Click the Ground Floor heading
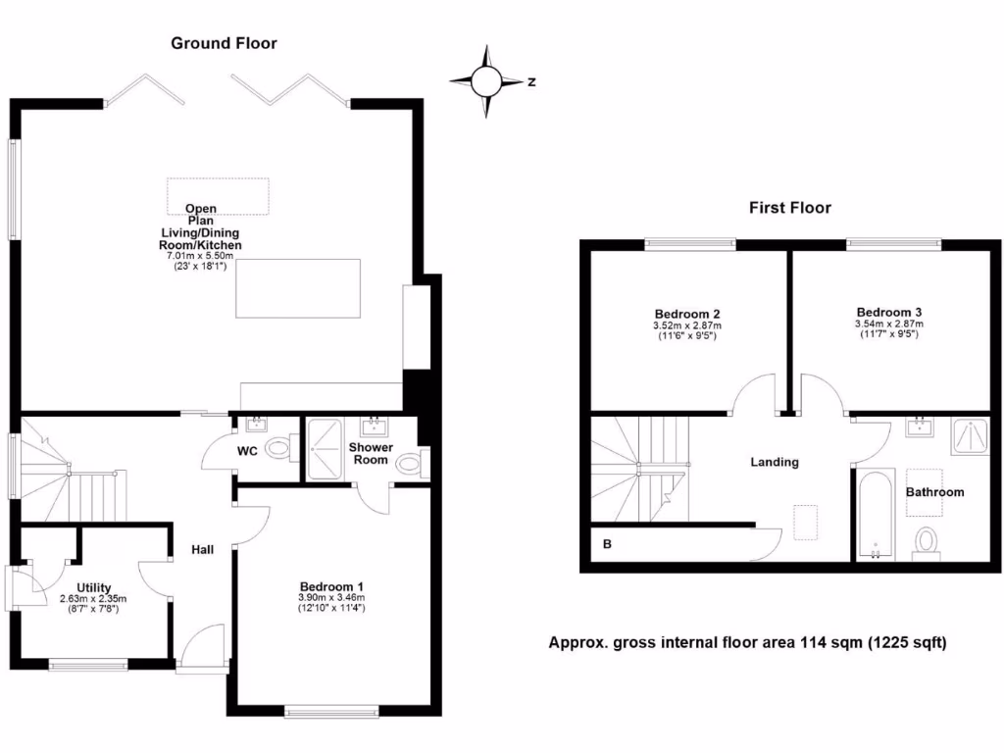224,43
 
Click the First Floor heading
789,208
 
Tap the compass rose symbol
487,82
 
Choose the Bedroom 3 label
889,311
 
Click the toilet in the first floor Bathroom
927,541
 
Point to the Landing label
775,462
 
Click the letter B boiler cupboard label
606,542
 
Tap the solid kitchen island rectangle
298,287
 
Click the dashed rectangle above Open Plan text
218,195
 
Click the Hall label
203,550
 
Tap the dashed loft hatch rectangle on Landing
806,522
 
